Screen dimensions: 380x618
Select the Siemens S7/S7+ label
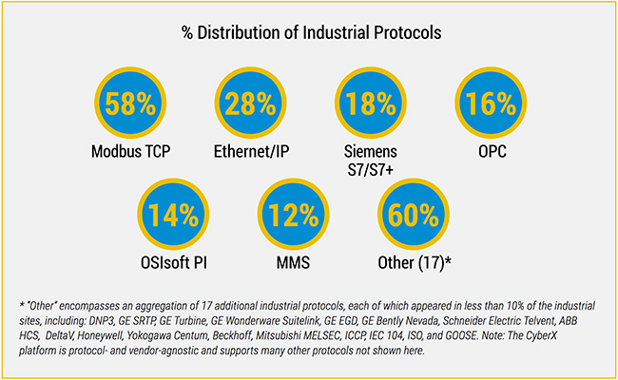pos(370,159)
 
